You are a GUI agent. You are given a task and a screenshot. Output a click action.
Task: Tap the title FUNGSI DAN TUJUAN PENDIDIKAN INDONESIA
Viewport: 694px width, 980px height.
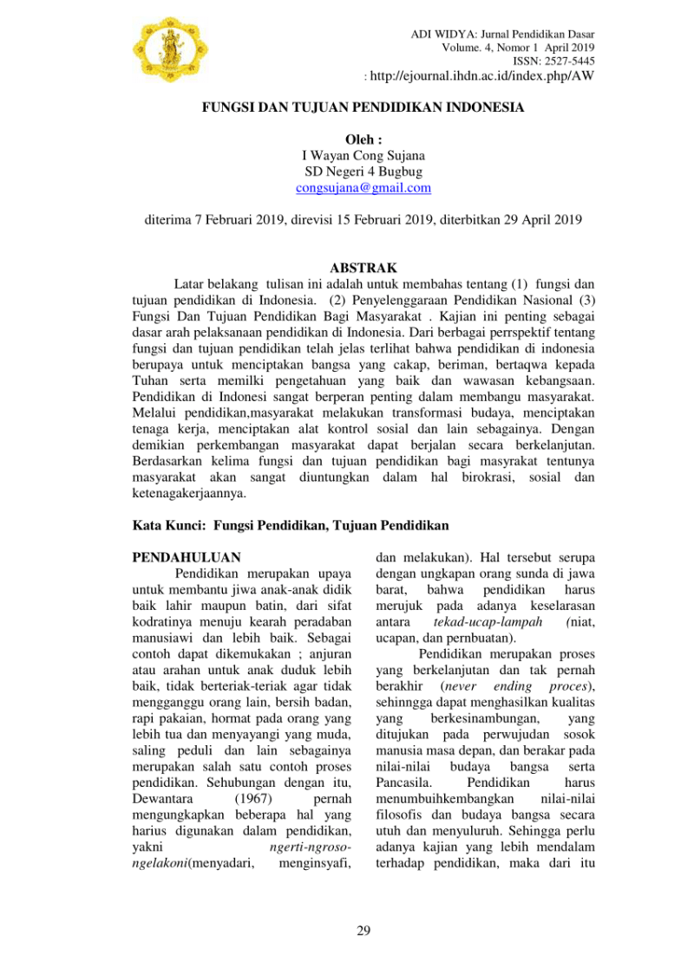click(x=363, y=109)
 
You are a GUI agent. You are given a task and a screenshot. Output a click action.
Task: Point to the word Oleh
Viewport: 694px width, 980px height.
click(x=363, y=140)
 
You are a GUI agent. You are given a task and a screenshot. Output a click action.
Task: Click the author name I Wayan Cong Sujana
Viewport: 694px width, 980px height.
click(x=363, y=156)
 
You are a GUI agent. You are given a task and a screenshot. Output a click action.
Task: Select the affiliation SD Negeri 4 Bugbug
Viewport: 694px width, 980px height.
click(x=363, y=172)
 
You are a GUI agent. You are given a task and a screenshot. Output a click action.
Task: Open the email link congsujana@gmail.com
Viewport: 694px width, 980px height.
click(x=363, y=187)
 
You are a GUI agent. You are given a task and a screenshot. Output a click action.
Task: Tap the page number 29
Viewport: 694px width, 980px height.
click(x=363, y=931)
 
